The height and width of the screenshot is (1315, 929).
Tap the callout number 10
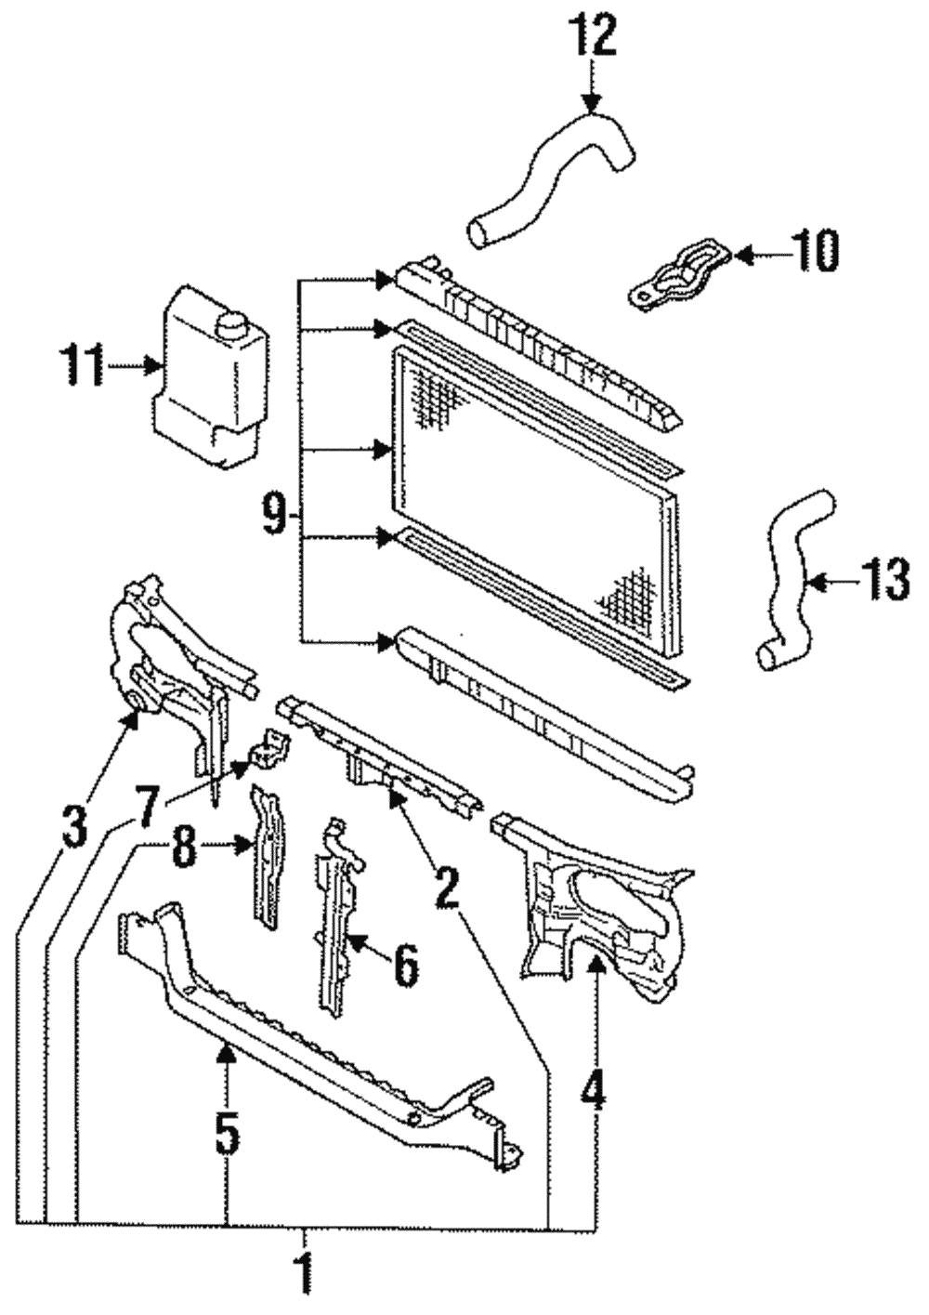814,252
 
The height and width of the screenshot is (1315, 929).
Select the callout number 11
83,366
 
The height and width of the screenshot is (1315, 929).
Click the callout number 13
883,583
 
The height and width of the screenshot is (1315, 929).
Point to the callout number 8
185,848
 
